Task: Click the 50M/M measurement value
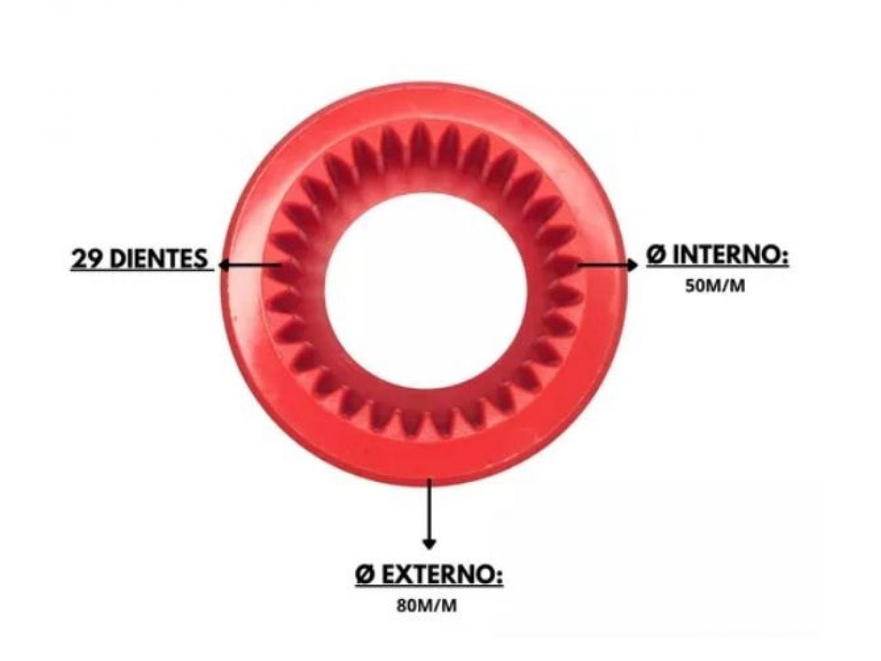(714, 286)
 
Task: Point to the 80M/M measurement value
(427, 606)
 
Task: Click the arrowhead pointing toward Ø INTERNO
(633, 264)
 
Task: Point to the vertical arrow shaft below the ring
(429, 509)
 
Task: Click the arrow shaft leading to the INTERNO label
(602, 264)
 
